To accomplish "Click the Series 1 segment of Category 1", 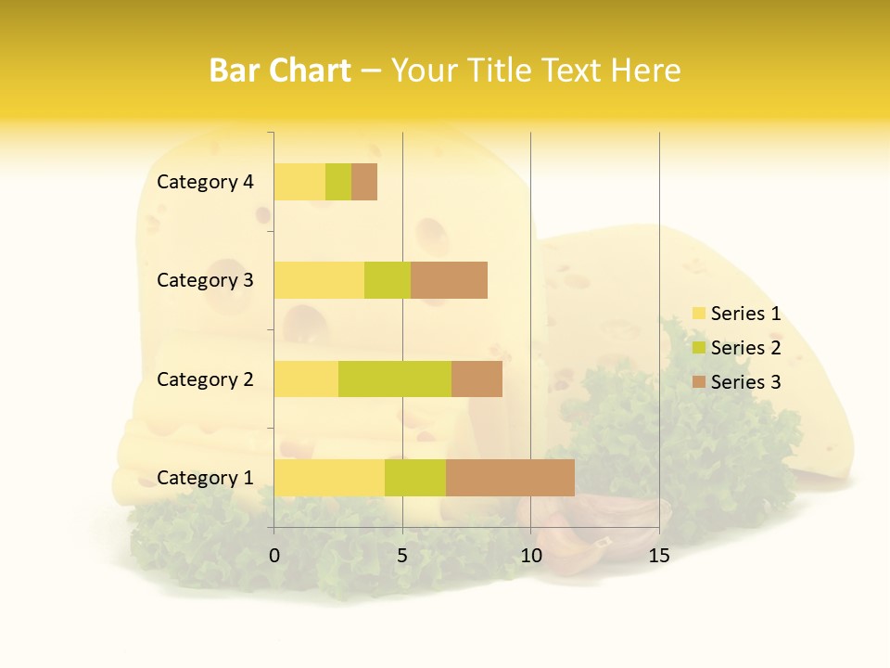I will coord(329,477).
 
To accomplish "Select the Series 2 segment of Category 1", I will coord(415,477).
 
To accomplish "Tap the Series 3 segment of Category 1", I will coord(510,477).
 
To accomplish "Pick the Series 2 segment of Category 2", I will coord(395,379).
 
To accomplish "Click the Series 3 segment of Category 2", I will coord(477,379).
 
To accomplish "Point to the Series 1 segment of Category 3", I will coord(319,280).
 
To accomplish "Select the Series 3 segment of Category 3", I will coord(449,280).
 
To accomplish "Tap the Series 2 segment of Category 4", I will coord(338,182).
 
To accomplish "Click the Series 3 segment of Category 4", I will coord(364,182).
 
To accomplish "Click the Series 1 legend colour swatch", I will coord(698,314).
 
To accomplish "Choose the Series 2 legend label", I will coord(745,348).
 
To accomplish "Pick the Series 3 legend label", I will coord(745,382).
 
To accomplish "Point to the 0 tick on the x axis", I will coord(274,556).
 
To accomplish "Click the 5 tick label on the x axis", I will coord(402,556).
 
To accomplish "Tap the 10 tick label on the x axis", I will coord(530,556).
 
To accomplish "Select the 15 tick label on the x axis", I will coord(659,556).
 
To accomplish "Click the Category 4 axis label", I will coord(205,182).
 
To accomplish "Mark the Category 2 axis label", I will coord(205,379).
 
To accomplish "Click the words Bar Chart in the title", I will coord(280,71).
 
